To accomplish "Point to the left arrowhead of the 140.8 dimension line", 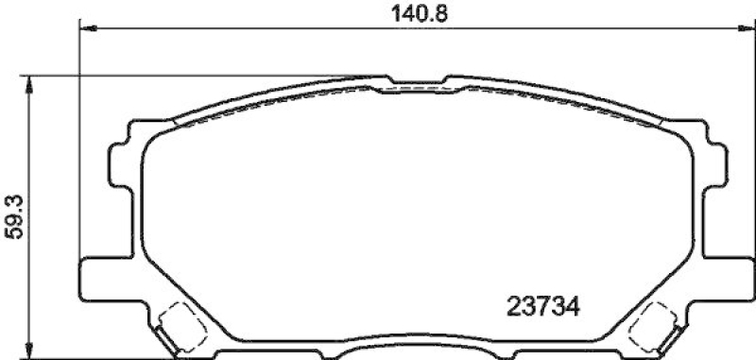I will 84,29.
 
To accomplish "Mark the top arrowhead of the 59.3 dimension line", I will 34,83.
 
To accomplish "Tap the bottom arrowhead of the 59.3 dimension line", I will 34,350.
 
